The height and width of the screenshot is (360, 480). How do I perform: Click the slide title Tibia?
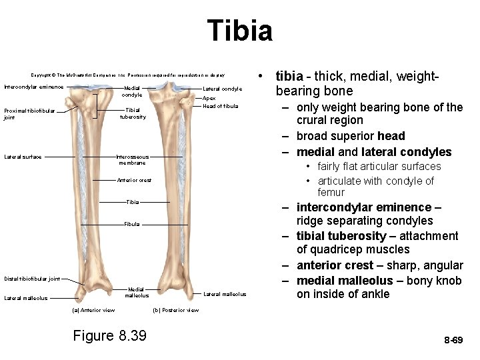click(x=239, y=31)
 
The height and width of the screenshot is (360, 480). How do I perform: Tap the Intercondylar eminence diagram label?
click(x=34, y=87)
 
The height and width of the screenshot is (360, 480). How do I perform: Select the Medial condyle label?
click(x=133, y=91)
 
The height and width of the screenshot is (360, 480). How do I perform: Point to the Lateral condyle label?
click(x=223, y=89)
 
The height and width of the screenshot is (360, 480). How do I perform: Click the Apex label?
click(x=209, y=98)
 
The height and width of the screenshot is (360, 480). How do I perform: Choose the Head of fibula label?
click(x=220, y=106)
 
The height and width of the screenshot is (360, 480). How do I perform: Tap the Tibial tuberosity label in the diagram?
click(x=133, y=113)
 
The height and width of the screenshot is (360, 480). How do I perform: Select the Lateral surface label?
click(x=23, y=157)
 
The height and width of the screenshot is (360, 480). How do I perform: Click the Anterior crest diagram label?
click(x=134, y=180)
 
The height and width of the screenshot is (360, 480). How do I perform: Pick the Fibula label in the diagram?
click(x=132, y=224)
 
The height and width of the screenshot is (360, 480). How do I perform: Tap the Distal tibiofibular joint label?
click(x=32, y=279)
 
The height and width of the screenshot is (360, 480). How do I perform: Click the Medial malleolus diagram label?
click(x=137, y=292)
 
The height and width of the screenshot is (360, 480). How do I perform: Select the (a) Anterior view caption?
click(x=93, y=310)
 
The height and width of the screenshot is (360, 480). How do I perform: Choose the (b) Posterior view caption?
click(x=176, y=310)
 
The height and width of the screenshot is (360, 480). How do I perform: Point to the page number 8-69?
click(x=453, y=340)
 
